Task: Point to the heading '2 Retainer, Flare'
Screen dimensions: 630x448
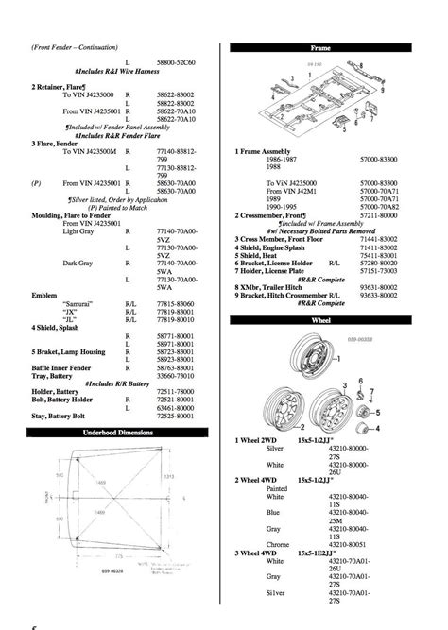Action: tap(65, 86)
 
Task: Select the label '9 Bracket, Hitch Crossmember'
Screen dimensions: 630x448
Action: tap(288, 295)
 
